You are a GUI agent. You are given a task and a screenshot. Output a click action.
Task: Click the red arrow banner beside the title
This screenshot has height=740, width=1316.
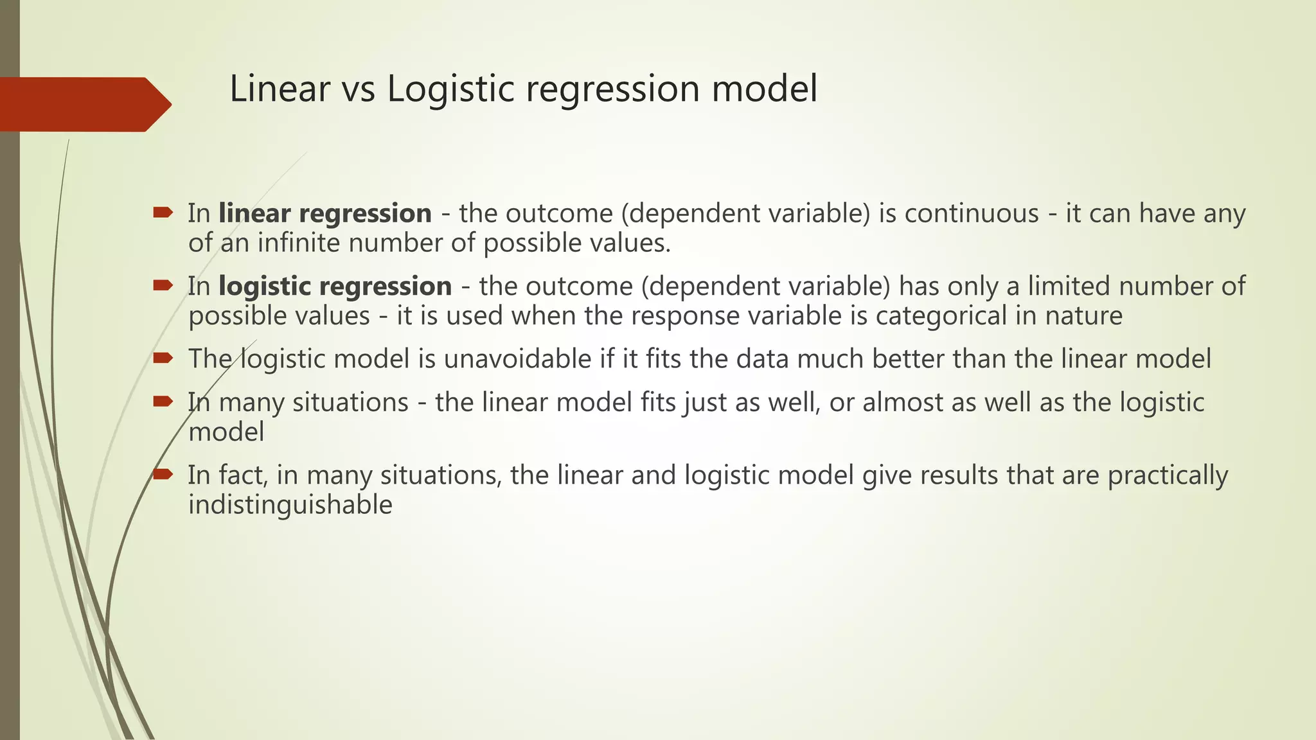point(84,104)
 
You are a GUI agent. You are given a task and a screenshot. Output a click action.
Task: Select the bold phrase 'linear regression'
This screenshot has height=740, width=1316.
point(325,214)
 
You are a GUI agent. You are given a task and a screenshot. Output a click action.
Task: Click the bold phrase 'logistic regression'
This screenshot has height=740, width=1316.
point(335,286)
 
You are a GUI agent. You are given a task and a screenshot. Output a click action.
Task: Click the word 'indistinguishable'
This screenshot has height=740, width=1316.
point(290,505)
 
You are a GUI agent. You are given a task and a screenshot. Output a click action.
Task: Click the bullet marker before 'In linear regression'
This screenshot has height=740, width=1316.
point(163,212)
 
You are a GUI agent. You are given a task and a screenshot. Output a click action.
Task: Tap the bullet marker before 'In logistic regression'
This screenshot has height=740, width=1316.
point(163,285)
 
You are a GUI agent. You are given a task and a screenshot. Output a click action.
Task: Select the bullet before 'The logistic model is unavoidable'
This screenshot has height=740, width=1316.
point(163,358)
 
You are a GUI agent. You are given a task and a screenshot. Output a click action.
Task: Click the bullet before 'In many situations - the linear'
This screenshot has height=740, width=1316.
point(163,401)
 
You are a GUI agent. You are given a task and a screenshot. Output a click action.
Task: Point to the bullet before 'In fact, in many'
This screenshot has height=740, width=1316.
point(163,474)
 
